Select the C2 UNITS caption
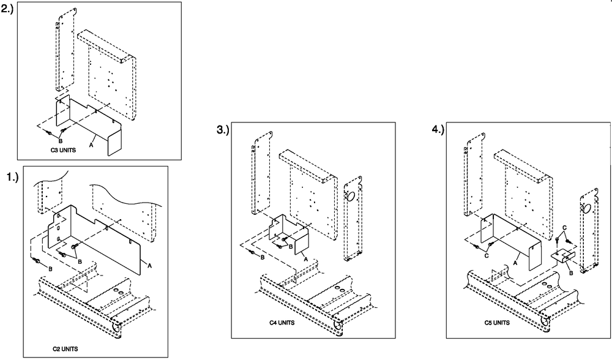65,348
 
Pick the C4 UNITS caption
282,322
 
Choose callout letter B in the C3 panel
60,141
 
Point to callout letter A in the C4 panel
304,259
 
